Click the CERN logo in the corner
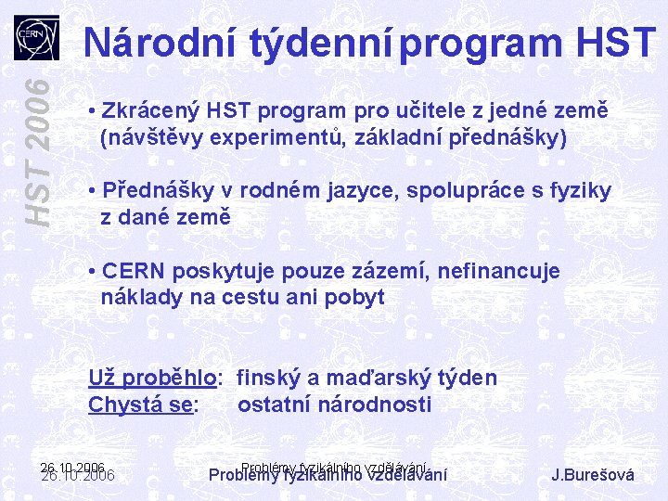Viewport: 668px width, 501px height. coord(36,38)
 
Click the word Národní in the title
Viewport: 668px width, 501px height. coord(161,42)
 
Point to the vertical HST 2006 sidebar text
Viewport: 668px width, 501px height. coord(37,149)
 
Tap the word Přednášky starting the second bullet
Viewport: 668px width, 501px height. coord(158,191)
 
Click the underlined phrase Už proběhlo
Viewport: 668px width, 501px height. coord(154,379)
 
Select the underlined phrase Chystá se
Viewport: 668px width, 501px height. coord(142,405)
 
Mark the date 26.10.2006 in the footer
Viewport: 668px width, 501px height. coord(78,474)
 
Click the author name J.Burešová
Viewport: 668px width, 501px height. coord(593,475)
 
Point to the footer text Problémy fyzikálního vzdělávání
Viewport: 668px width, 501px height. coord(328,474)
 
